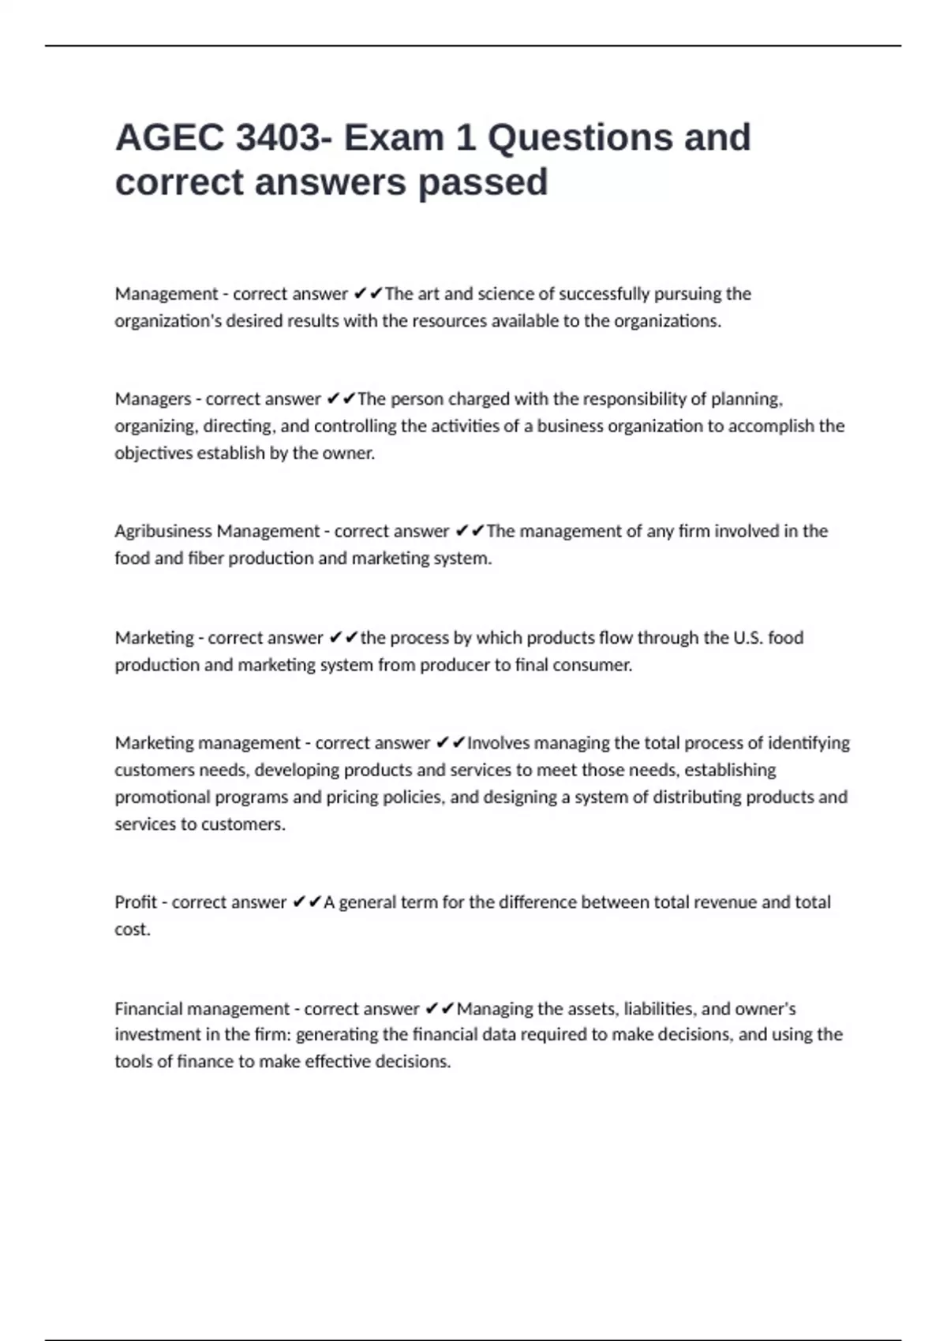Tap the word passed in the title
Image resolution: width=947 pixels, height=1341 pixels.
click(x=483, y=183)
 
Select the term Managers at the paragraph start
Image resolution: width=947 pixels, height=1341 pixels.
click(x=153, y=399)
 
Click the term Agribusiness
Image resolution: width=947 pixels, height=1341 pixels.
click(x=163, y=532)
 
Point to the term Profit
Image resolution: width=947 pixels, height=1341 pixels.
click(x=136, y=902)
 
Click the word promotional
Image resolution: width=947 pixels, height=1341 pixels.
click(x=163, y=798)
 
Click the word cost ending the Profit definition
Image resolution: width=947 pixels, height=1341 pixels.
click(x=131, y=929)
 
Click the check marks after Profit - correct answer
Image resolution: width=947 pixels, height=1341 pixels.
click(x=306, y=902)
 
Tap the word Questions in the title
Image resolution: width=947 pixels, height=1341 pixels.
click(x=579, y=138)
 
